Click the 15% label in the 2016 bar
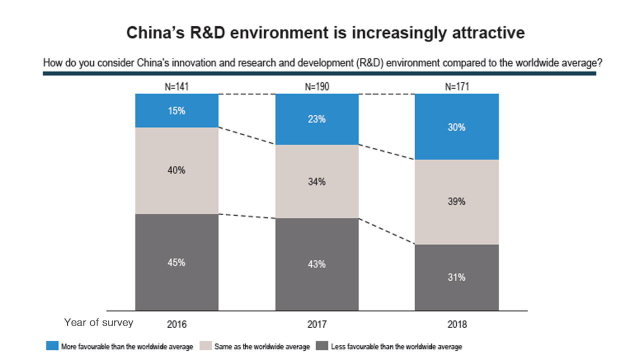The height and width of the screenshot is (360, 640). [177, 111]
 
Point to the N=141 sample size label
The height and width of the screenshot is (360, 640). [177, 87]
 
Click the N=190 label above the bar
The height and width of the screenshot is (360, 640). [317, 87]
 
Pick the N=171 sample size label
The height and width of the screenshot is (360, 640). [457, 87]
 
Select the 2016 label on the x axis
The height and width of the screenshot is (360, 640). [177, 324]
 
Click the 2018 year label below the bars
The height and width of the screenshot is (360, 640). [457, 324]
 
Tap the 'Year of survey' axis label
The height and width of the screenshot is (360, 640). [98, 322]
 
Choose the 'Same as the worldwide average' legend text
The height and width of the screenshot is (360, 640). [261, 346]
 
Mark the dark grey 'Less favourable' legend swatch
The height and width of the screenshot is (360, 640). [322, 346]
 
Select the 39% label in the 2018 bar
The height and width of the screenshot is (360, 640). [457, 201]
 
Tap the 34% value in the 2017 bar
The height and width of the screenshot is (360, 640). [317, 181]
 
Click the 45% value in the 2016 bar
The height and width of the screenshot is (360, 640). [177, 262]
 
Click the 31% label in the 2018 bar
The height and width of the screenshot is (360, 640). [457, 277]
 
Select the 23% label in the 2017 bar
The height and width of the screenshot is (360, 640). [317, 119]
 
